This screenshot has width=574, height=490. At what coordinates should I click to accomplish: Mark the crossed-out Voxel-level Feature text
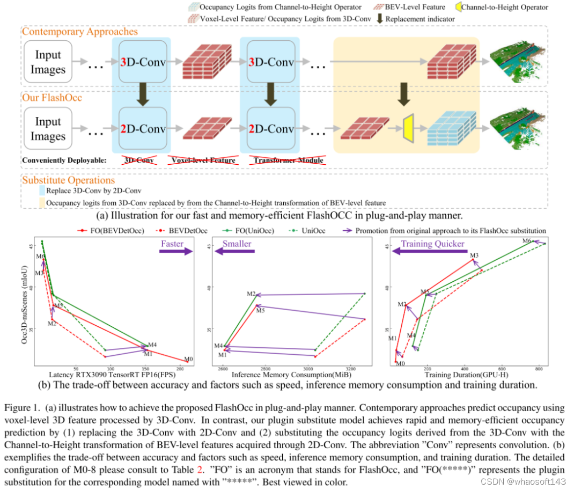[203, 160]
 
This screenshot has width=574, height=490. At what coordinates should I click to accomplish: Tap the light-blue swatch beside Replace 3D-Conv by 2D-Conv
[41, 191]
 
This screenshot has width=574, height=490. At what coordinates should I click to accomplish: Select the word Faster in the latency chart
[172, 244]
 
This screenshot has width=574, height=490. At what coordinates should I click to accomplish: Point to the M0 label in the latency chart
[188, 359]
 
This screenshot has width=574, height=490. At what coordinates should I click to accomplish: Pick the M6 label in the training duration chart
[527, 242]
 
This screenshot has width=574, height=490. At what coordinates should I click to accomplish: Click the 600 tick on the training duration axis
[502, 369]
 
